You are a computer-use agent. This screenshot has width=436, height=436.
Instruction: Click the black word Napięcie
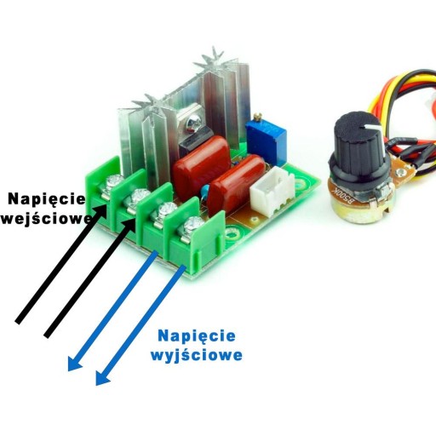[x=47, y=200]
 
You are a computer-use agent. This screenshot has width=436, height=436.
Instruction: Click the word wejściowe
[x=47, y=219]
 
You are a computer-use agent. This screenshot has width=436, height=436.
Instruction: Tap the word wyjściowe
[x=197, y=355]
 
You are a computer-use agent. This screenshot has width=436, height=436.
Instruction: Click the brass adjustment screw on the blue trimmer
[x=257, y=116]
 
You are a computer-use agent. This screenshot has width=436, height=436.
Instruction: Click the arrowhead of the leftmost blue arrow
[x=75, y=364]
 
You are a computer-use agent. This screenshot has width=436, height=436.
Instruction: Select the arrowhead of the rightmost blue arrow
[x=103, y=378]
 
